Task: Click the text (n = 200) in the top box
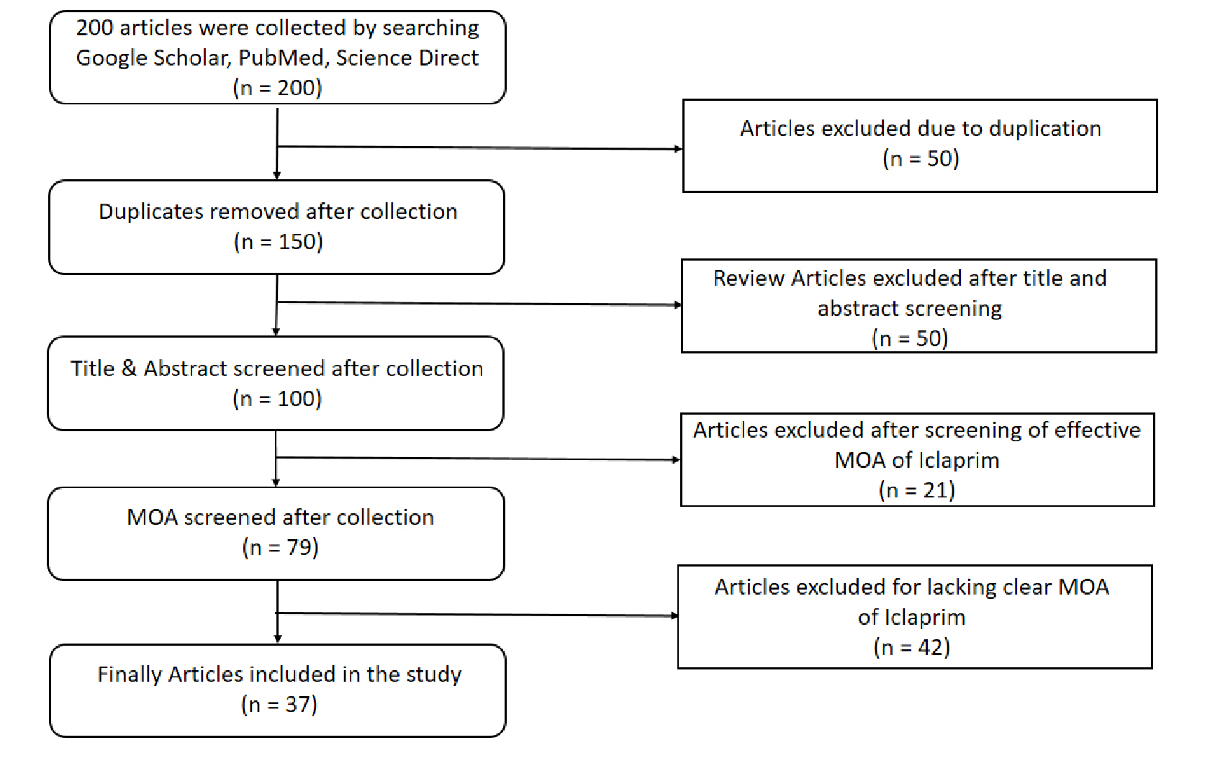point(277,88)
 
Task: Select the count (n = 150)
point(278,241)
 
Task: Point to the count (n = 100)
point(277,399)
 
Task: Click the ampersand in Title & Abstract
point(129,369)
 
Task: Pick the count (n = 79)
point(280,547)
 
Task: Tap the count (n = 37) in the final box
point(279,705)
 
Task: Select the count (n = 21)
point(917,490)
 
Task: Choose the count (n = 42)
point(912,647)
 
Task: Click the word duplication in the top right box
point(1044,129)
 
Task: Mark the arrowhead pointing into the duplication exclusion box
point(679,148)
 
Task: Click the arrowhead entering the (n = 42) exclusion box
point(674,615)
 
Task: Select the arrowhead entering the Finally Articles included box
point(278,639)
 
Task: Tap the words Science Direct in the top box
point(407,58)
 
